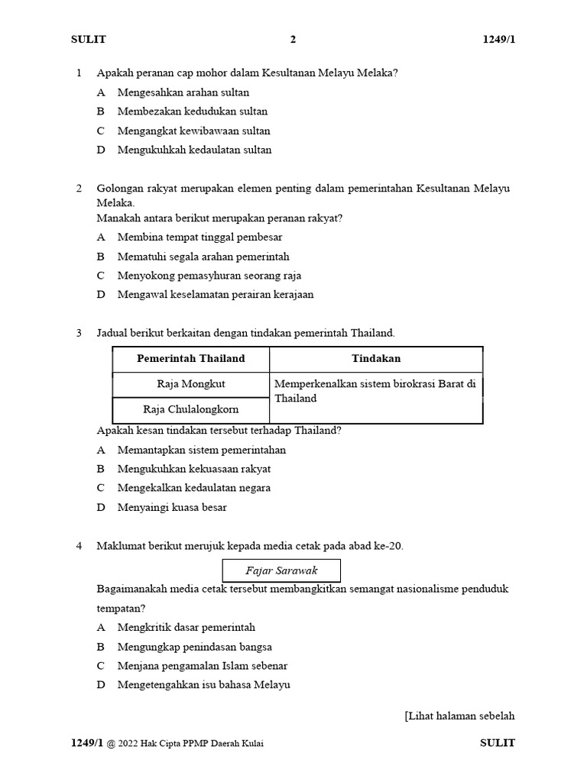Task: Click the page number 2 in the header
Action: [293, 40]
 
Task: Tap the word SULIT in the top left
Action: [89, 40]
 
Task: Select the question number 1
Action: [79, 73]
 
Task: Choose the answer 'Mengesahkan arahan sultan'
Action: [183, 92]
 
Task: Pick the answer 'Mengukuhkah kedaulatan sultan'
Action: [194, 150]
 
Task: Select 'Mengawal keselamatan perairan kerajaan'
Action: [216, 295]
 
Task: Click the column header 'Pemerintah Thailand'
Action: [191, 359]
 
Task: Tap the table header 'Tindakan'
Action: [376, 359]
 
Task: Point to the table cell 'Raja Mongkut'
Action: [191, 384]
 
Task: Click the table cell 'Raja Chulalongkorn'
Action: [191, 410]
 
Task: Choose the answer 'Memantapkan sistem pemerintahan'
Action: [202, 450]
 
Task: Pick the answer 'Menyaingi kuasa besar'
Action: [172, 507]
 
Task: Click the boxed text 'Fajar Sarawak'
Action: [281, 571]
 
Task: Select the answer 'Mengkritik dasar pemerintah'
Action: [186, 628]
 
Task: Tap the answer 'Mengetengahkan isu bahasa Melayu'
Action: [204, 685]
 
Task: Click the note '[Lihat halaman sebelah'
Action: [459, 716]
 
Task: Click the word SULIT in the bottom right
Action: [498, 743]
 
